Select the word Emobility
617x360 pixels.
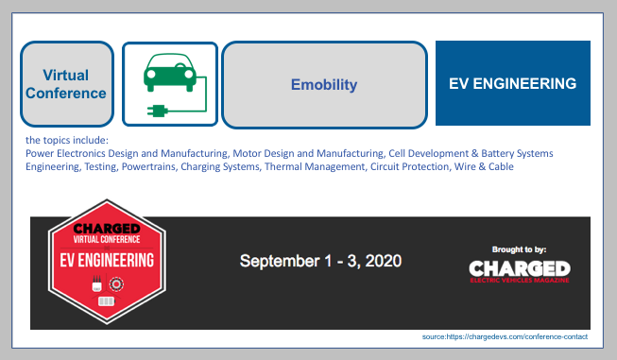pos(323,85)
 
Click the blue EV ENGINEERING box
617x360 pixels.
pos(512,83)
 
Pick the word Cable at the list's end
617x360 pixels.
pos(503,166)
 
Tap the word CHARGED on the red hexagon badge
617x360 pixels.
pos(107,228)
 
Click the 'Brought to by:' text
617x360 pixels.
pos(519,249)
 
